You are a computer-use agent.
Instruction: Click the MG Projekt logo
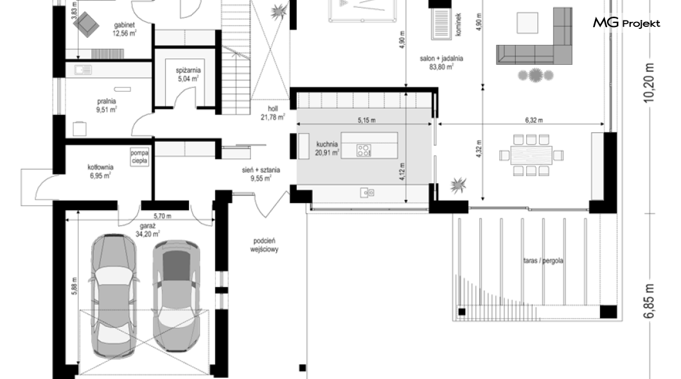[626, 23]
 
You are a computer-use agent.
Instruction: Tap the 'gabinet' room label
[124, 25]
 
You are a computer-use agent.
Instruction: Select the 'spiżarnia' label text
[188, 70]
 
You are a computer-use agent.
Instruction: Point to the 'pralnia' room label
[107, 101]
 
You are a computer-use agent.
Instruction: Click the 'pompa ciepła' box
[139, 157]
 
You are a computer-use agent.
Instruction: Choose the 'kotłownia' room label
[100, 167]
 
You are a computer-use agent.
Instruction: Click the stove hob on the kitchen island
[364, 150]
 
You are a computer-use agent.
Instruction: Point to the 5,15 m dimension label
[367, 120]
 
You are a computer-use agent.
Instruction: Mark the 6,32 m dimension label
[534, 120]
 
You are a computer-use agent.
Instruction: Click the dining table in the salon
[531, 155]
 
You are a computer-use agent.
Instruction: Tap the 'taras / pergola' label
[544, 261]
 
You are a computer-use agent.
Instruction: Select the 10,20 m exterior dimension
[649, 83]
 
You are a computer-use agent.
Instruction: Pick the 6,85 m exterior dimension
[649, 301]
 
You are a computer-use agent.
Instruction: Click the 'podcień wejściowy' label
[264, 245]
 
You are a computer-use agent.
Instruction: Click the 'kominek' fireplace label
[459, 24]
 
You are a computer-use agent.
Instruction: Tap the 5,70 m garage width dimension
[162, 216]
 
